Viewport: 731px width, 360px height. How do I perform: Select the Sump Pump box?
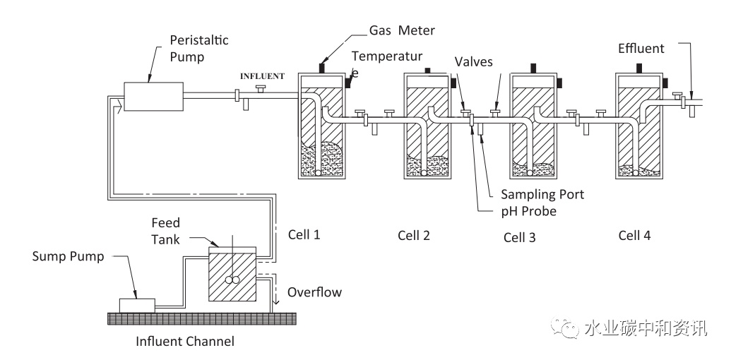click(x=137, y=305)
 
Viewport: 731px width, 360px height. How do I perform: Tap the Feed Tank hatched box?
click(x=232, y=275)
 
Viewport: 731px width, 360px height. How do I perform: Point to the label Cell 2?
click(x=413, y=235)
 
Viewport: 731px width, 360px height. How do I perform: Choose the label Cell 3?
click(x=519, y=237)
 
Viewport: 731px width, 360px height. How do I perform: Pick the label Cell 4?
click(x=634, y=235)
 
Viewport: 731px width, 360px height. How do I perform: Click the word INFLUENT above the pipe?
click(x=262, y=76)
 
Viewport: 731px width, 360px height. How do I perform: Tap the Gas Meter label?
click(x=402, y=31)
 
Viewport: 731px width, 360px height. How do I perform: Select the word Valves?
click(x=474, y=61)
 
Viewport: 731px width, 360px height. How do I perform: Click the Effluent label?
click(x=641, y=49)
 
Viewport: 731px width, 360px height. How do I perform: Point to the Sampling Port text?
click(x=542, y=194)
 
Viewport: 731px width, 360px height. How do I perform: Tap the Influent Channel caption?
click(x=185, y=342)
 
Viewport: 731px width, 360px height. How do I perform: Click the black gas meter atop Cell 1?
click(x=321, y=68)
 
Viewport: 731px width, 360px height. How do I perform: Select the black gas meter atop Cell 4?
click(x=639, y=68)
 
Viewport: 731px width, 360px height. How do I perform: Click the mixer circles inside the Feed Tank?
click(x=232, y=280)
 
